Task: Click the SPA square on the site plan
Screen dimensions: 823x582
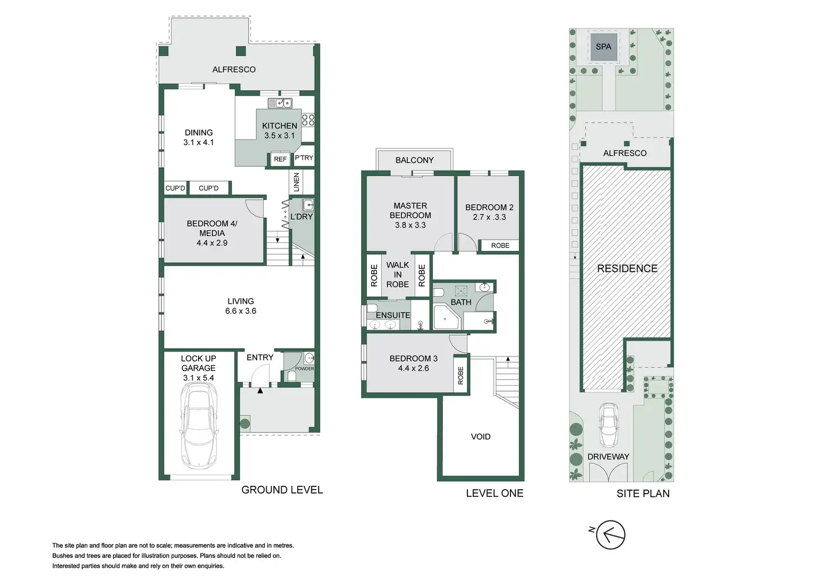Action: point(603,47)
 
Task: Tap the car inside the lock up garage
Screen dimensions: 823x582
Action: point(198,428)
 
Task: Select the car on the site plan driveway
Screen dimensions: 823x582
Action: point(608,425)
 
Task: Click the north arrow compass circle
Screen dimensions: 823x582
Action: point(611,534)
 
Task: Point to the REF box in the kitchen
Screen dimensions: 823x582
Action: point(280,159)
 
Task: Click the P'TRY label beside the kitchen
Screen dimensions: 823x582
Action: point(304,158)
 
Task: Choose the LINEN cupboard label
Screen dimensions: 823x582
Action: point(296,182)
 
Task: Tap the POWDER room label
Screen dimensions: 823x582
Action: point(305,369)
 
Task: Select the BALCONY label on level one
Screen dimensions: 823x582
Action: point(414,160)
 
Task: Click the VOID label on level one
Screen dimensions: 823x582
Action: point(480,436)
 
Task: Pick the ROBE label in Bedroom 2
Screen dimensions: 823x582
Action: point(500,246)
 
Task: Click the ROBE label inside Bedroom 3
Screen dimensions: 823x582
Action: point(461,376)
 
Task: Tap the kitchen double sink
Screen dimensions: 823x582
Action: point(280,102)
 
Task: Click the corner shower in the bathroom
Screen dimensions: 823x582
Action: point(447,317)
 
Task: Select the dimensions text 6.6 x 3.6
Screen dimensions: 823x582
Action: point(240,311)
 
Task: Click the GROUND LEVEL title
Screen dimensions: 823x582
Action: point(282,490)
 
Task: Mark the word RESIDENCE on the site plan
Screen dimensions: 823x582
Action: point(627,269)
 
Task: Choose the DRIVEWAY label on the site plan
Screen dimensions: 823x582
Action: point(608,457)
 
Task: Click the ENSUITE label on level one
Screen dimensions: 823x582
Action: point(392,316)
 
